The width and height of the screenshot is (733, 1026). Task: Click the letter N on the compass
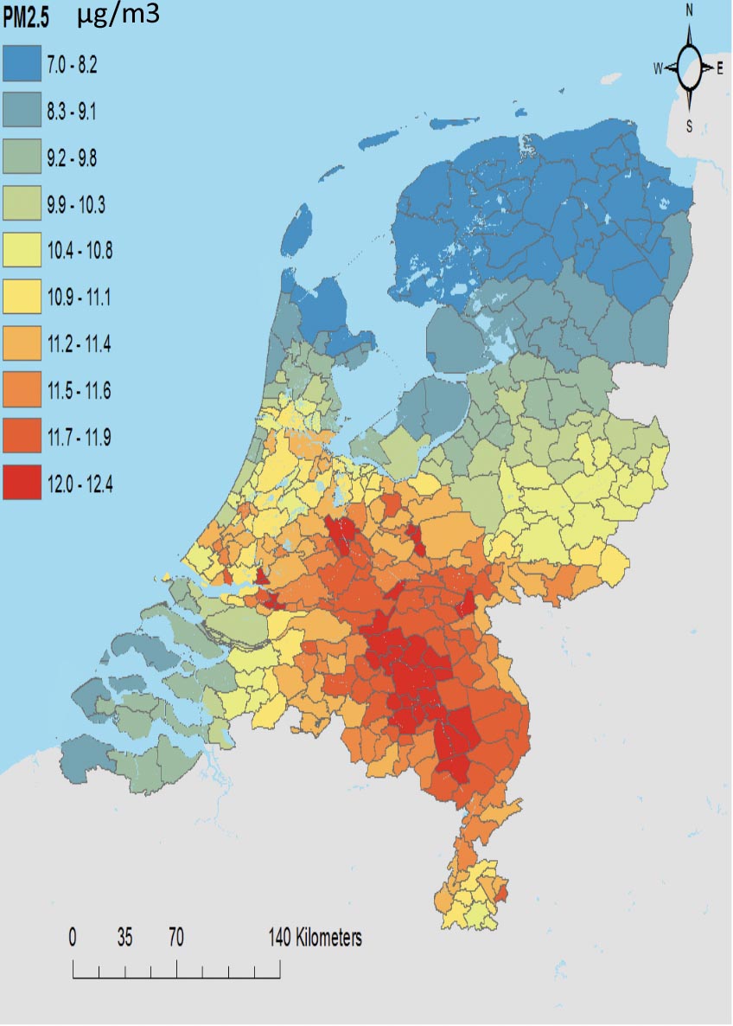tap(690, 10)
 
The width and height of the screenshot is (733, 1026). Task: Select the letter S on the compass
tap(689, 126)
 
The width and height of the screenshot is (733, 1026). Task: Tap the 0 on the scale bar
tap(73, 938)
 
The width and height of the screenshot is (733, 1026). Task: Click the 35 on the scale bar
tap(125, 938)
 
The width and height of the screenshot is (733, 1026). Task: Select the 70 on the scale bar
tap(176, 938)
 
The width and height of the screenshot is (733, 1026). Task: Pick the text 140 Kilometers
tap(315, 938)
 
